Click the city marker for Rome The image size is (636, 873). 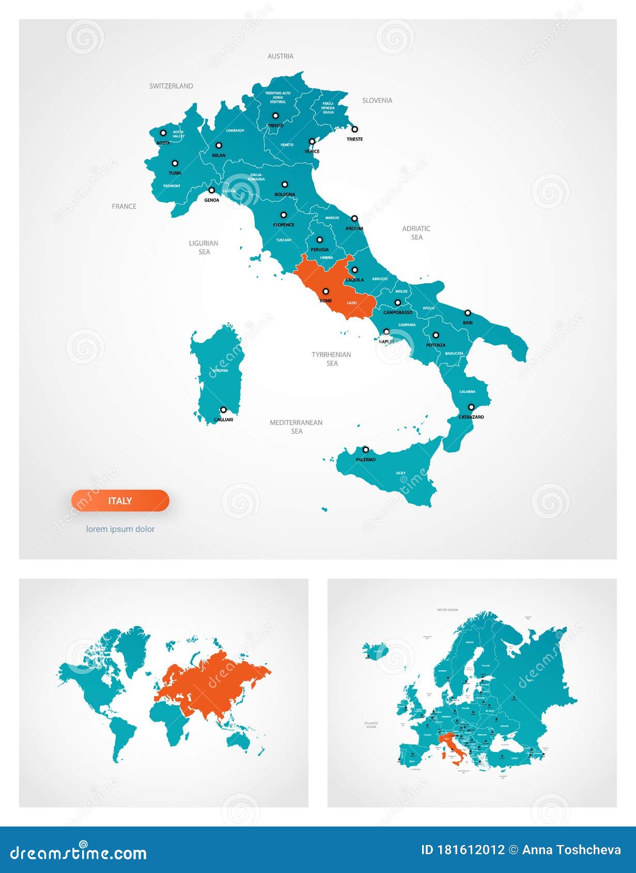coord(325,291)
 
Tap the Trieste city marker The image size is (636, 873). coord(354,129)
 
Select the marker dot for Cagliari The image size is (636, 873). coord(223,410)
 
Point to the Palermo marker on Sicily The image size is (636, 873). coord(365,449)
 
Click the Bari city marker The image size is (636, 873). coord(468,313)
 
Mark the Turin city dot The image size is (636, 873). coord(175,163)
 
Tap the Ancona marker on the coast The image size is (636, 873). coord(354,219)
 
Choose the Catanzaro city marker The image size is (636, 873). coord(471,407)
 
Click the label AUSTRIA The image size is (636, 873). coord(281,56)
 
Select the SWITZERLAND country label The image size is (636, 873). coord(171,86)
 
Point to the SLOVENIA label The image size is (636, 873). coord(377,101)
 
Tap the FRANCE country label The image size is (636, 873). coord(124,207)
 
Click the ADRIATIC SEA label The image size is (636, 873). coord(416,233)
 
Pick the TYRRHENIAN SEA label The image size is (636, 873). coord(331,359)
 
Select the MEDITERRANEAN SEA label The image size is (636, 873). coord(296,427)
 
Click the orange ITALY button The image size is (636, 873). coord(120,501)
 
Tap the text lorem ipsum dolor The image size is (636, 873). coord(120,529)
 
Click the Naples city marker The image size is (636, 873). coord(386,332)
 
